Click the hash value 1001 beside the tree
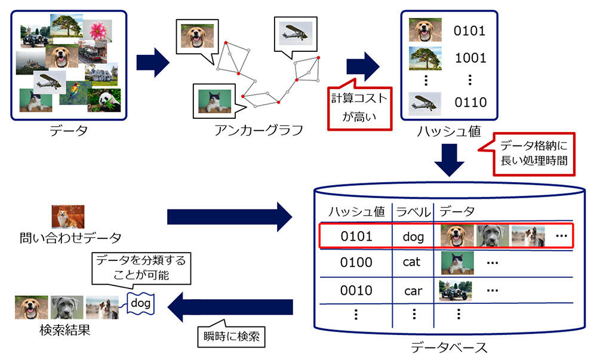(470, 58)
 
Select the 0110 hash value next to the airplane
(470, 102)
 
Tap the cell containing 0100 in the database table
(356, 262)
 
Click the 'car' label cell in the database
(413, 291)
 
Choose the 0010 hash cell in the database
(356, 290)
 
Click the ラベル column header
(413, 211)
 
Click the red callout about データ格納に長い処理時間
(534, 153)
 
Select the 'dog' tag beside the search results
(140, 303)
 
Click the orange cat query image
(68, 217)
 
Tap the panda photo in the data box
(104, 100)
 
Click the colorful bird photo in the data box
(75, 93)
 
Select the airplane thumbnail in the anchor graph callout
(296, 33)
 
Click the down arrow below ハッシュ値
(450, 160)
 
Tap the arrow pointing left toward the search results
(230, 307)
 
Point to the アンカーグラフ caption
(259, 130)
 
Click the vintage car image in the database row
(456, 291)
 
